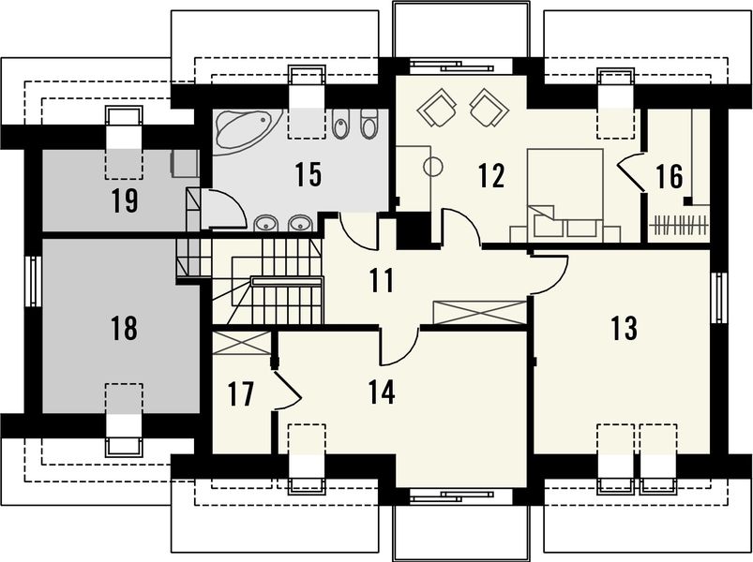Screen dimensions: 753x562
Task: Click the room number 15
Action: (309, 174)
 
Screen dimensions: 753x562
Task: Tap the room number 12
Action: (491, 175)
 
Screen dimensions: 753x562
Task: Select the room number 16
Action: (670, 176)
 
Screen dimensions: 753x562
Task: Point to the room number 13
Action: (625, 329)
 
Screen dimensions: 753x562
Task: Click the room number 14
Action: (382, 392)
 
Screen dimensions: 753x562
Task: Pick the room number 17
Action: (241, 394)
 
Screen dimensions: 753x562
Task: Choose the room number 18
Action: (124, 329)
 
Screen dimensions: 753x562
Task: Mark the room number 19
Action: (125, 200)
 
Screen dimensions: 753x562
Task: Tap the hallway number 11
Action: (382, 280)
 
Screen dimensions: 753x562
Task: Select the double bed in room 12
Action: (565, 196)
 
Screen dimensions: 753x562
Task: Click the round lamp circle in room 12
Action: (433, 167)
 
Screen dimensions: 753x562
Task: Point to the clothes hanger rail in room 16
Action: (679, 224)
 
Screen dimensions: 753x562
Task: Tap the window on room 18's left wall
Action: (33, 281)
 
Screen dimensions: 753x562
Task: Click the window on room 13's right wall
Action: (719, 298)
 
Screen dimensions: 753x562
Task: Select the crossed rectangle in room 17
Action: (242, 344)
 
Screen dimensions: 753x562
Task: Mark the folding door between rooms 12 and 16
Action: (630, 172)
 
